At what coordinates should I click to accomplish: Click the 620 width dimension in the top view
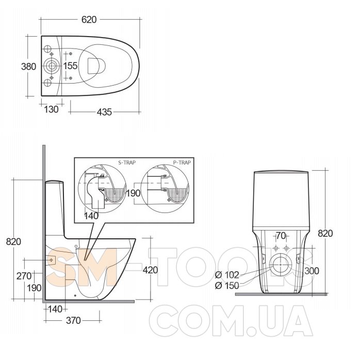(89, 20)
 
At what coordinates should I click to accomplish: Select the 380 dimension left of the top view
(29, 67)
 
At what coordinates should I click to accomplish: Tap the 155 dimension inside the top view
(70, 66)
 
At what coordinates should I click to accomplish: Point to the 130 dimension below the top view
(51, 109)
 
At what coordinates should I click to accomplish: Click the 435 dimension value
(104, 112)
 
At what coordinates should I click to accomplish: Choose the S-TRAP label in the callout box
(127, 162)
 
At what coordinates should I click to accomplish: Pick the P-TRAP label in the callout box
(182, 162)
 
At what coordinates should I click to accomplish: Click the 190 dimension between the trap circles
(133, 193)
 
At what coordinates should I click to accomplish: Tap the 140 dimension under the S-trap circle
(91, 216)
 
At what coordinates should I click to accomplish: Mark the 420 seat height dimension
(151, 270)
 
